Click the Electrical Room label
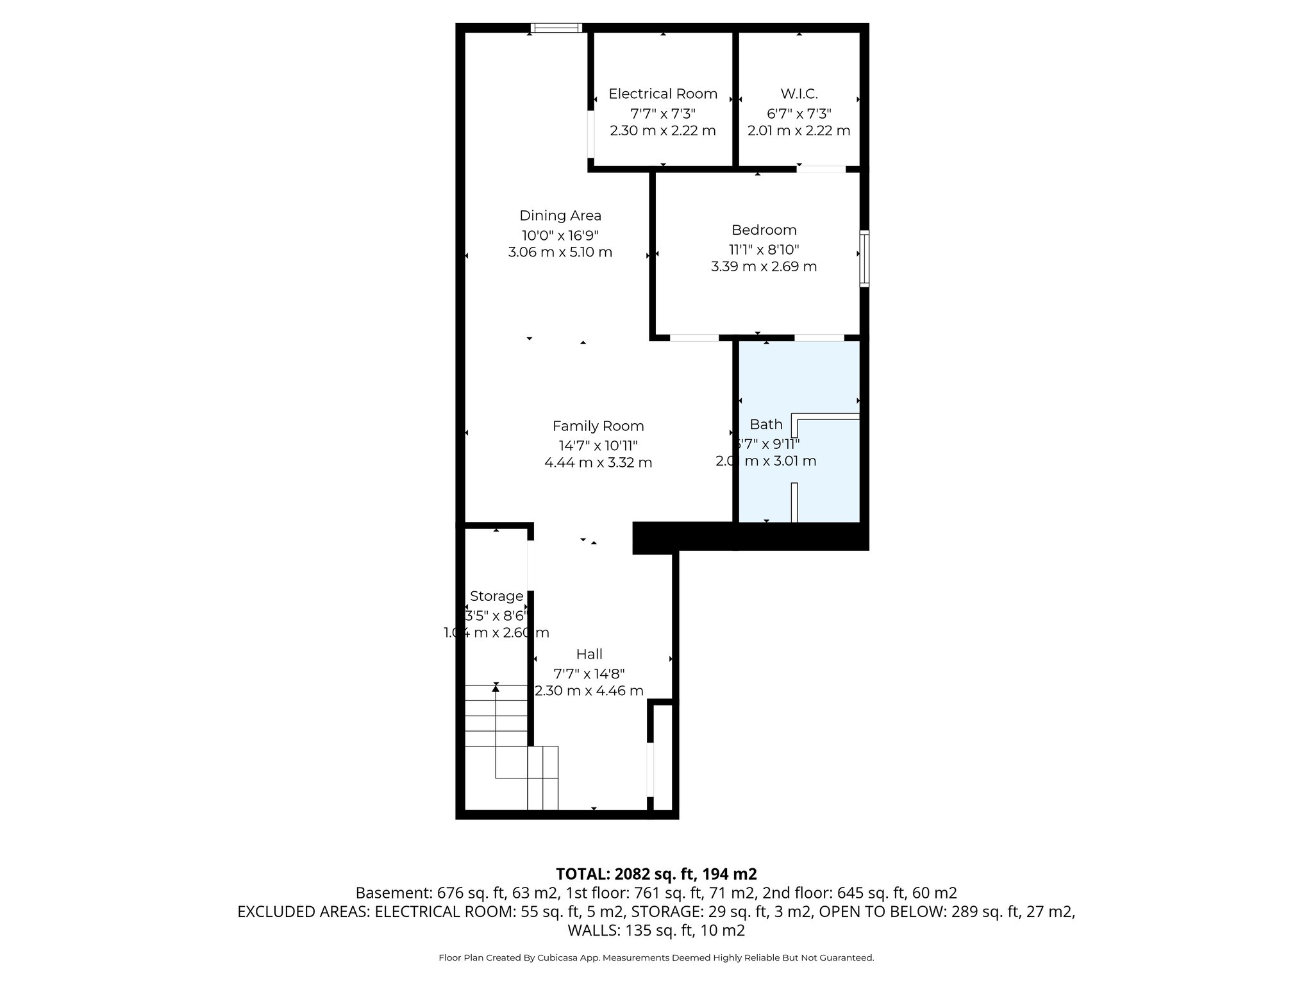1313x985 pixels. [x=662, y=94]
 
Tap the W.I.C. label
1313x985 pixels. [x=799, y=94]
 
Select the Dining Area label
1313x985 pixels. [x=560, y=215]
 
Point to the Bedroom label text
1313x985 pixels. [x=764, y=230]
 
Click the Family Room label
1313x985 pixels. [x=598, y=426]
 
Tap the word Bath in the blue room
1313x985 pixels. [x=765, y=424]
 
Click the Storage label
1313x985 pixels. [x=496, y=596]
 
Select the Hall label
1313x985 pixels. [x=589, y=654]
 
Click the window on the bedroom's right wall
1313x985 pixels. [x=864, y=258]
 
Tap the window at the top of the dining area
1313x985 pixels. [x=556, y=28]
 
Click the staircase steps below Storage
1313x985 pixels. [x=496, y=716]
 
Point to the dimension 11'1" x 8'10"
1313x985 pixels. [x=764, y=249]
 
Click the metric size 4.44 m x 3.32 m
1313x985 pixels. [x=598, y=462]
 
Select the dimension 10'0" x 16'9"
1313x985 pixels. [x=560, y=235]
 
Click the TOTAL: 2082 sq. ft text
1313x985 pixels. [x=655, y=873]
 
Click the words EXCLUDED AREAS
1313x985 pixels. [x=303, y=911]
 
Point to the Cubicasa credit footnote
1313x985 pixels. [x=656, y=957]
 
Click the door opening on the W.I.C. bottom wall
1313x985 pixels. [x=821, y=169]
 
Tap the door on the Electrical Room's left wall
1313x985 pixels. [x=590, y=135]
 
